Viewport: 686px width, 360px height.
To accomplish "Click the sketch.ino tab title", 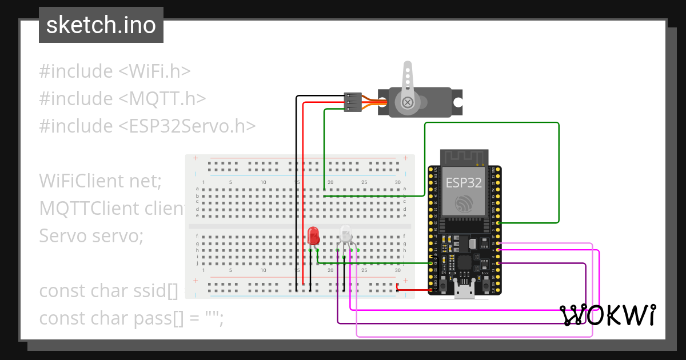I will [101, 25].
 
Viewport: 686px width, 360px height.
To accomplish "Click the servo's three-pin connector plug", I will [352, 102].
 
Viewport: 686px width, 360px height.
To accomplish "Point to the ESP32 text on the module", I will [464, 183].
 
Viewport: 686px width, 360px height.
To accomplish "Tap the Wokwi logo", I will [608, 315].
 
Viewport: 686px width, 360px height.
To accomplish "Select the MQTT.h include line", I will [122, 99].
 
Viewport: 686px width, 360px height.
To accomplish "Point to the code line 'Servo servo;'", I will [91, 235].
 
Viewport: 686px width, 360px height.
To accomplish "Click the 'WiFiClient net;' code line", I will [101, 181].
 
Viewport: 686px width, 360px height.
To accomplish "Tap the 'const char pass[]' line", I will [131, 318].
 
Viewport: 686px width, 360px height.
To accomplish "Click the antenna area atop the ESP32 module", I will [464, 157].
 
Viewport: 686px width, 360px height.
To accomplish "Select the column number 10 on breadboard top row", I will [264, 183].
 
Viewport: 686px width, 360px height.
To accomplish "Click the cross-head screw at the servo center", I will [408, 103].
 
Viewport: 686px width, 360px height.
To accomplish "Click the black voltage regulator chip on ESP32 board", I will [472, 244].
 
